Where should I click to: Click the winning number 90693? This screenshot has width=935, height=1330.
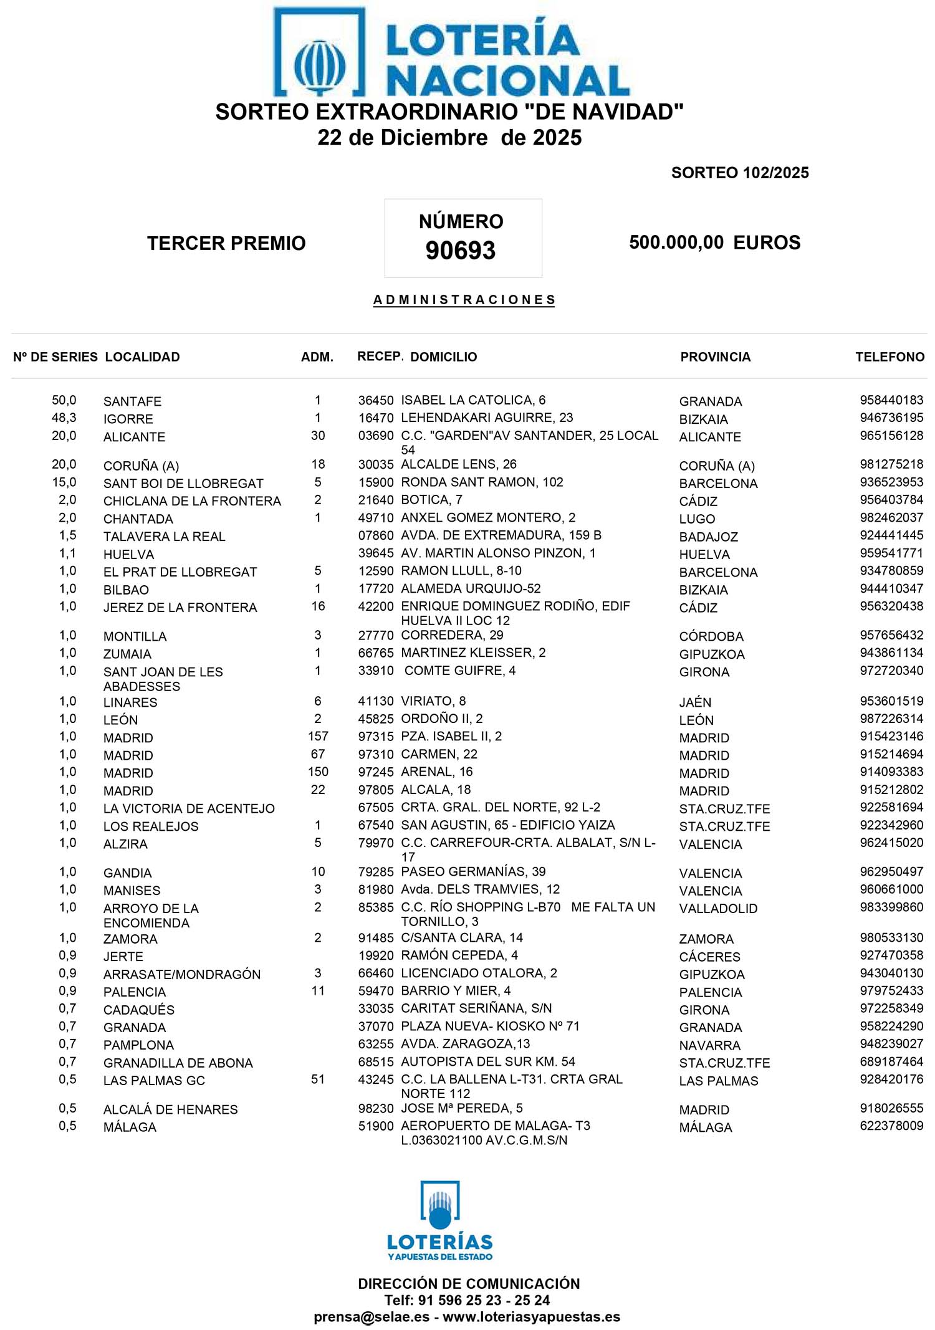(x=460, y=251)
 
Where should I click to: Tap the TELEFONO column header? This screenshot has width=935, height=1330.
(x=889, y=357)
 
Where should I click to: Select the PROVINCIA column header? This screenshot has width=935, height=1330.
(x=715, y=357)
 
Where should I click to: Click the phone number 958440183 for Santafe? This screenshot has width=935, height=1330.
(x=891, y=400)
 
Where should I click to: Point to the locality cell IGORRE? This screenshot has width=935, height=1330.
(x=128, y=419)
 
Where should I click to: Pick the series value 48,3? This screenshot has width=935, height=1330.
(x=64, y=418)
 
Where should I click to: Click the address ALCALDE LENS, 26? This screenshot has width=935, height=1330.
(x=458, y=464)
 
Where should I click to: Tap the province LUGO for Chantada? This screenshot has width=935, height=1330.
(x=697, y=519)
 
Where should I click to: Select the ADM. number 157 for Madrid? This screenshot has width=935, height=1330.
(x=318, y=736)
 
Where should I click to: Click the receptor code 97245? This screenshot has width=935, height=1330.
(x=376, y=772)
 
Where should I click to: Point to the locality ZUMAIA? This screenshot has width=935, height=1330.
(x=127, y=654)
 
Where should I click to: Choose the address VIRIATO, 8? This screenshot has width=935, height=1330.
(x=433, y=701)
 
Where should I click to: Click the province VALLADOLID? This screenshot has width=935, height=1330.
(x=718, y=908)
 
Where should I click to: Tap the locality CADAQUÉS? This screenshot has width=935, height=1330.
(x=138, y=1010)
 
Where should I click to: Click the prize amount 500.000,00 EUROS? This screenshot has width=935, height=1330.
(x=714, y=242)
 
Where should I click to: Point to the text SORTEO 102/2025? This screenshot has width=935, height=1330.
(x=739, y=173)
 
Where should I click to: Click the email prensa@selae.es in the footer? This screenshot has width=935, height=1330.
(x=372, y=1316)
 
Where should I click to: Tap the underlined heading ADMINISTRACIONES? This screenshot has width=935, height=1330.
(x=464, y=300)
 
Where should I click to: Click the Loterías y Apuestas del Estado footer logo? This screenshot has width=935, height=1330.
(x=440, y=1221)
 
